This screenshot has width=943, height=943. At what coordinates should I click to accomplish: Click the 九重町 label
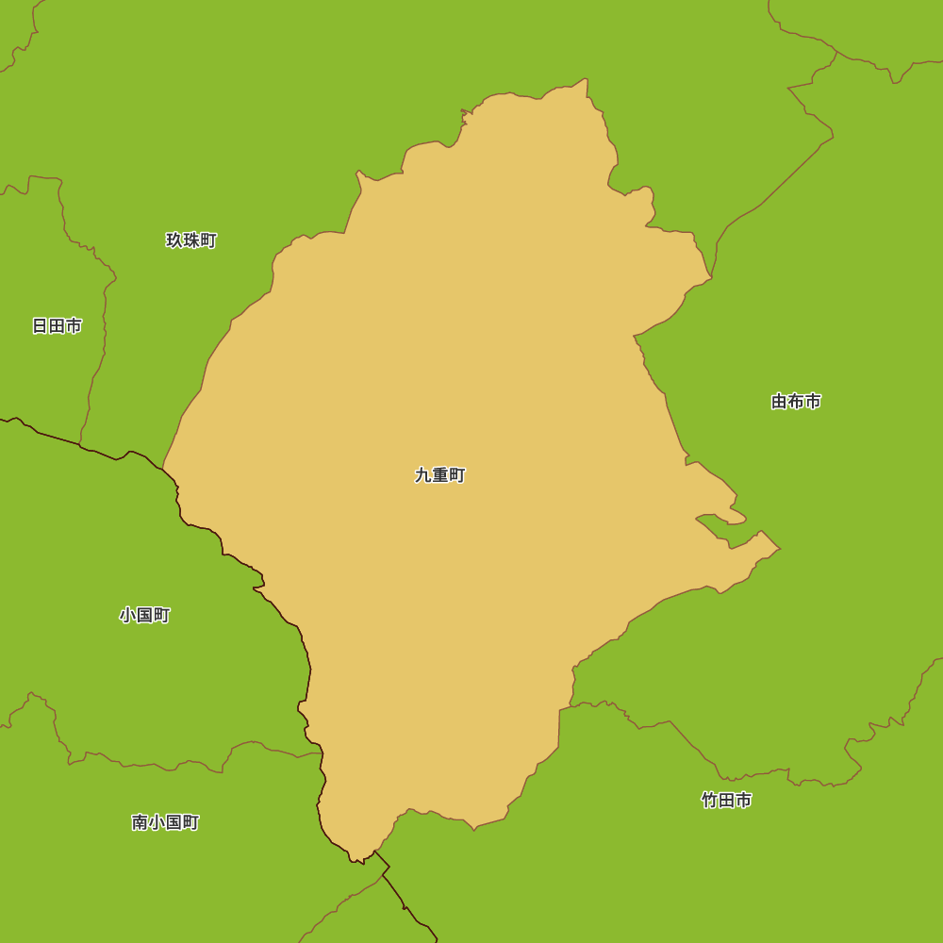pyautogui.click(x=440, y=475)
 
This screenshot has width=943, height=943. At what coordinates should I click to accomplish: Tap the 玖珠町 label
pyautogui.click(x=191, y=240)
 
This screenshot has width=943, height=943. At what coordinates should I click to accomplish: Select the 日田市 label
pyautogui.click(x=57, y=326)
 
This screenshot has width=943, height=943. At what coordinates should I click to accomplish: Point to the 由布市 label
pyautogui.click(x=796, y=402)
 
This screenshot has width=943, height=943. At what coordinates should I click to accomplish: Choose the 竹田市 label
pyautogui.click(x=726, y=801)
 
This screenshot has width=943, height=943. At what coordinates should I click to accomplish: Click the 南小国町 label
pyautogui.click(x=165, y=822)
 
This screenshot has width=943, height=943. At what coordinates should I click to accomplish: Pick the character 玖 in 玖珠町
pyautogui.click(x=174, y=240)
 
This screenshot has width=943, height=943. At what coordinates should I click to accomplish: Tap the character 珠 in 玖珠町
pyautogui.click(x=191, y=240)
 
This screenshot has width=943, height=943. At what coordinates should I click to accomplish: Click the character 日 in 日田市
pyautogui.click(x=40, y=326)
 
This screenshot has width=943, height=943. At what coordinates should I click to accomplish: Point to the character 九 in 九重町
pyautogui.click(x=423, y=475)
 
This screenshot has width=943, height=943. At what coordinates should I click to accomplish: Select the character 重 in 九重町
pyautogui.click(x=440, y=475)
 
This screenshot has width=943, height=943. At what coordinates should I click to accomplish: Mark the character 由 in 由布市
pyautogui.click(x=779, y=402)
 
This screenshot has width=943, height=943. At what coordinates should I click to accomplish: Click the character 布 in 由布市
pyautogui.click(x=796, y=402)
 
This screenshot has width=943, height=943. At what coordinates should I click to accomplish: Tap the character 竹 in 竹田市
pyautogui.click(x=709, y=801)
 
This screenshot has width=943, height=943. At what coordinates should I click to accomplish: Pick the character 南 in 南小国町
pyautogui.click(x=140, y=822)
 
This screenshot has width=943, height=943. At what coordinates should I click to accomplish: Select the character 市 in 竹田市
pyautogui.click(x=743, y=801)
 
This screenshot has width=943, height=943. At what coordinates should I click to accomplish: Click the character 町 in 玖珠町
pyautogui.click(x=208, y=240)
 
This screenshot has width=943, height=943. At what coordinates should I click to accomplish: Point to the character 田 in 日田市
pyautogui.click(x=57, y=326)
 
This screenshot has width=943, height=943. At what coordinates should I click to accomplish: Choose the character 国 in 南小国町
pyautogui.click(x=174, y=822)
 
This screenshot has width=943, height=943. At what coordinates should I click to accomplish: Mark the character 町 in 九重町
pyautogui.click(x=457, y=475)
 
